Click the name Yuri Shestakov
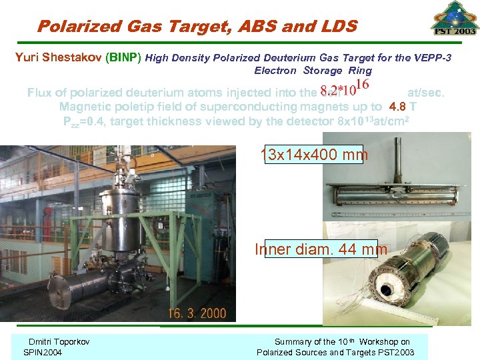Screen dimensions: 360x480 click(x=57, y=58)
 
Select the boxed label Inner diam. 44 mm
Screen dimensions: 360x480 click(x=321, y=249)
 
